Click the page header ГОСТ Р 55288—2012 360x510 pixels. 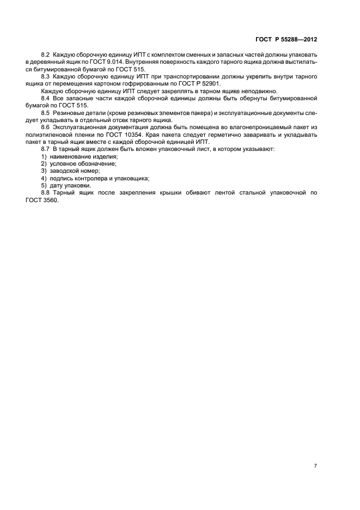coord(286,39)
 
